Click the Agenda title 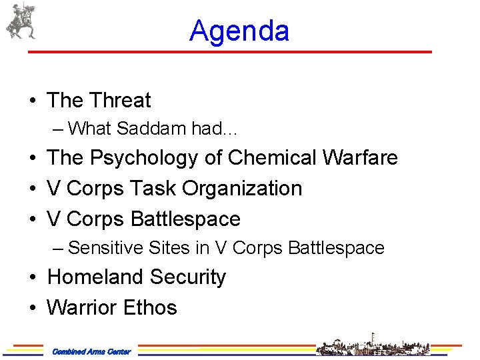(x=239, y=31)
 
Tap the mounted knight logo (x=20, y=21)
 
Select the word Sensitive (x=104, y=248)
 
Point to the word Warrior (x=78, y=307)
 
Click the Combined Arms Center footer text (x=91, y=351)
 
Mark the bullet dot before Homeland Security (x=33, y=277)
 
